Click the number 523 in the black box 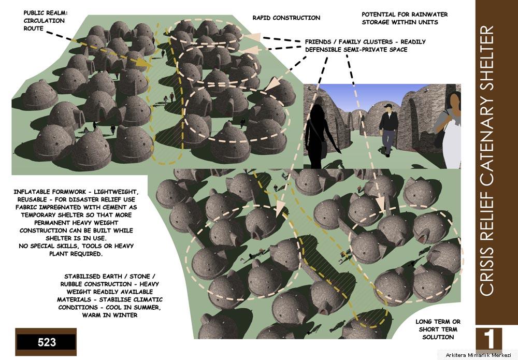[x=47, y=342]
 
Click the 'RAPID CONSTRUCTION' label [x=286, y=18]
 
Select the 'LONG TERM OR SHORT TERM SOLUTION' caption [x=438, y=329]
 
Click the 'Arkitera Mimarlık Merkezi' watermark [x=478, y=355]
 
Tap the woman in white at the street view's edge [x=450, y=131]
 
